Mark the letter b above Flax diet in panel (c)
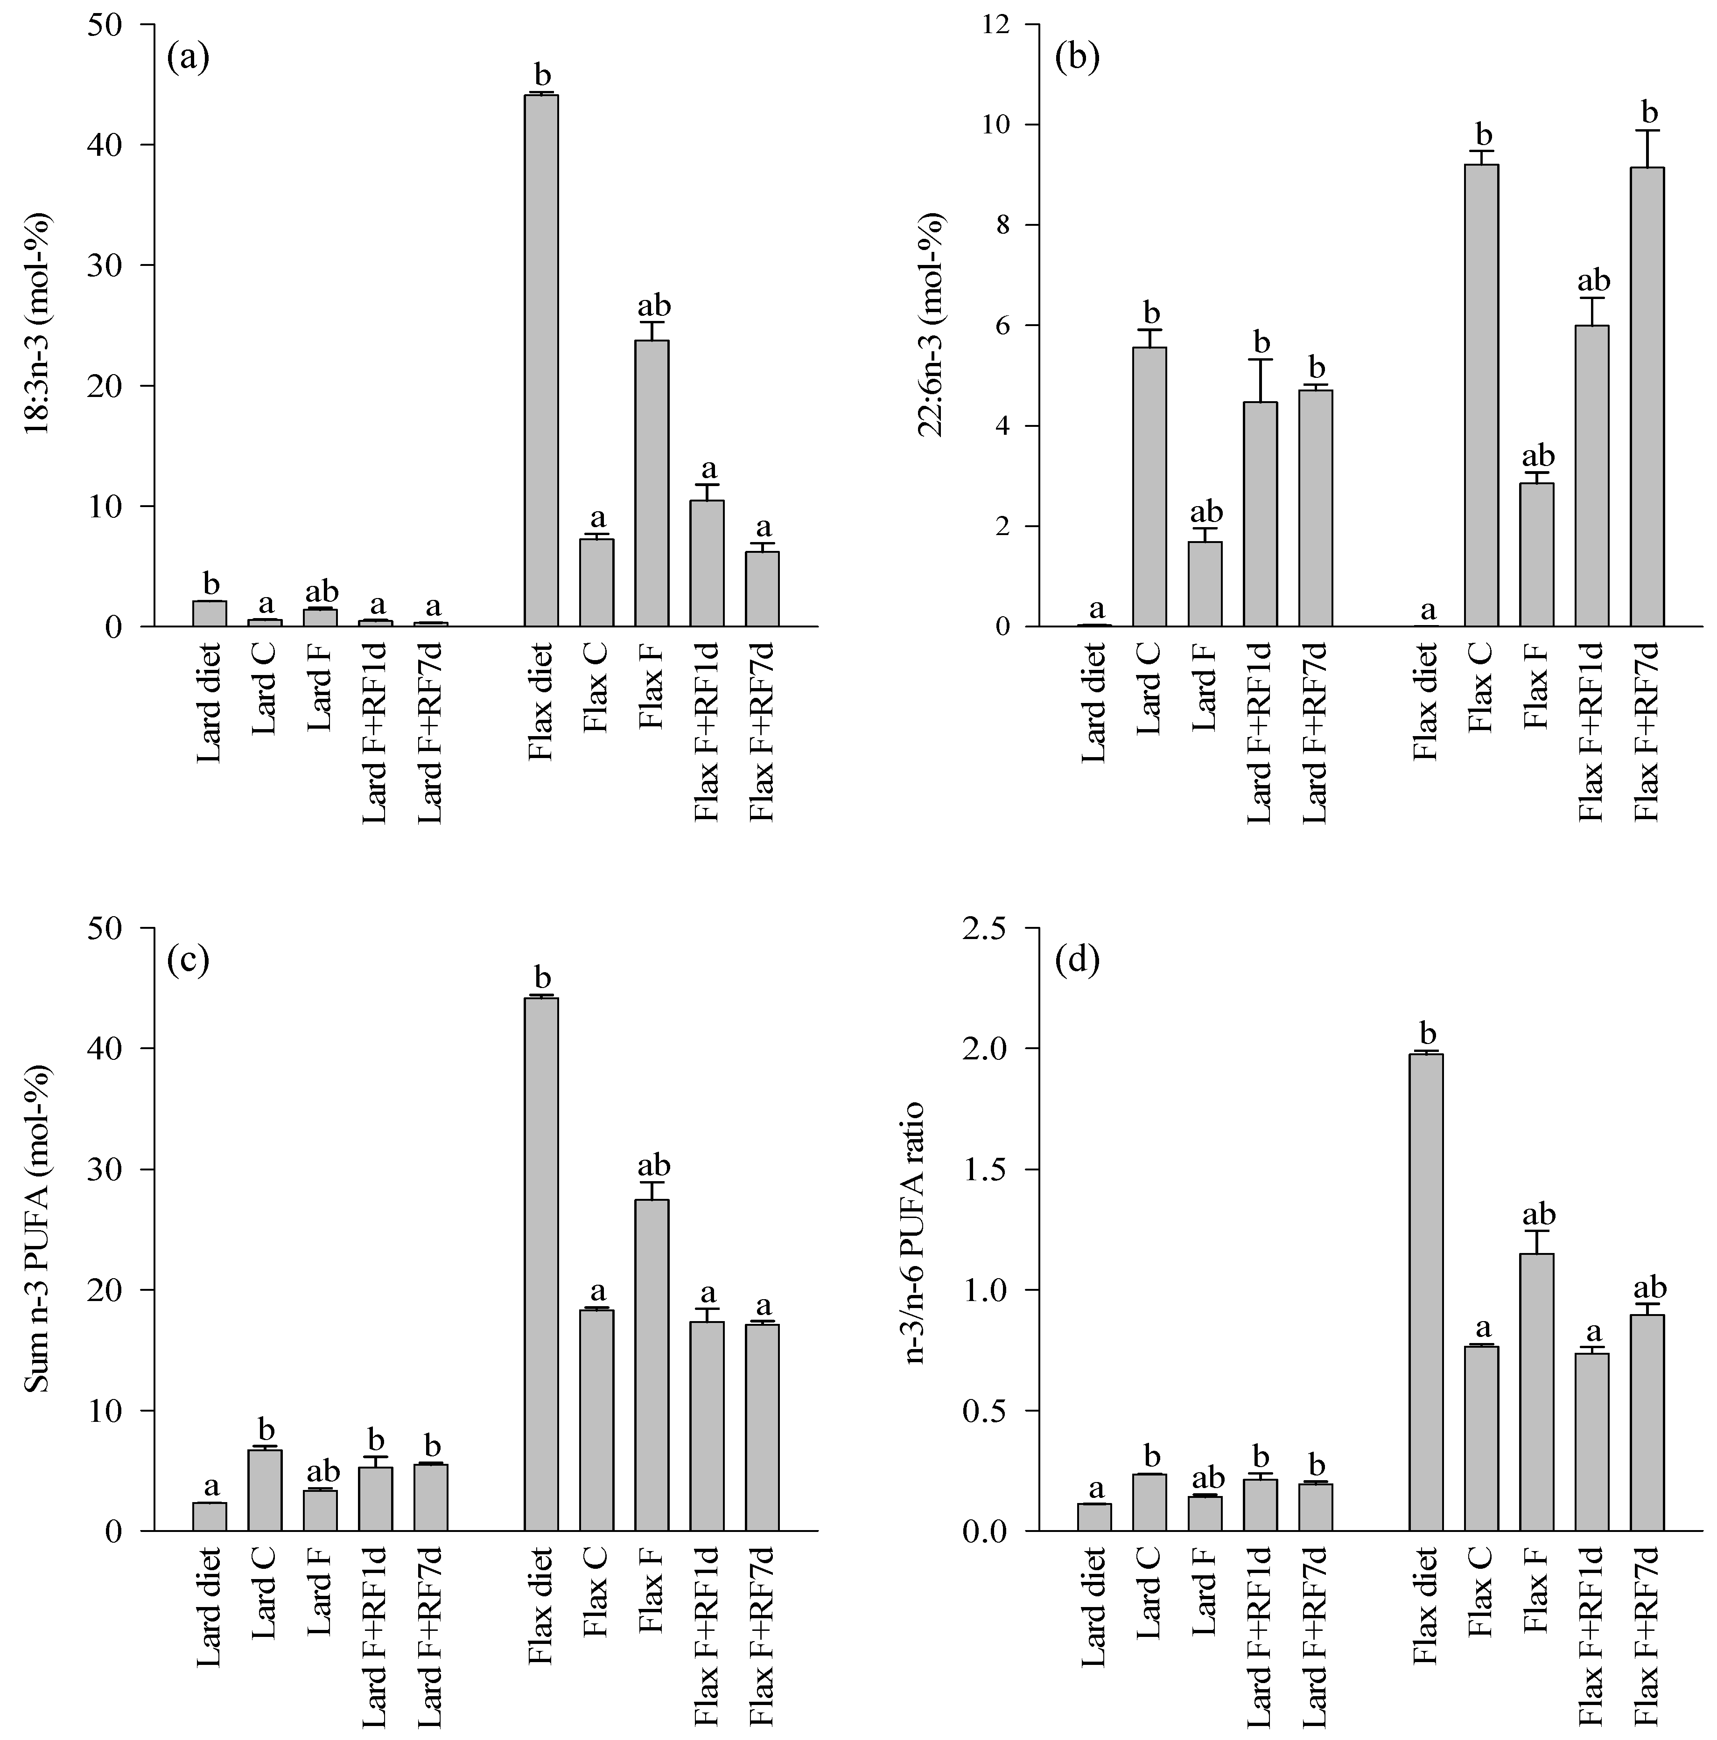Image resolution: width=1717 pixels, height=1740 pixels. [x=541, y=977]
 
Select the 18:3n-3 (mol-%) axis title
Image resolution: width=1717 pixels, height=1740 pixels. [x=38, y=324]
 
